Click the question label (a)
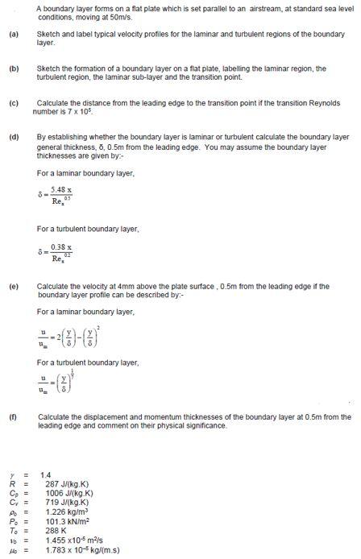point(13,35)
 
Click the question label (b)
point(13,68)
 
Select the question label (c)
point(13,103)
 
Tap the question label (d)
point(13,137)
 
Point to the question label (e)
point(13,286)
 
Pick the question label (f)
point(13,416)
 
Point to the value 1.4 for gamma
point(45,475)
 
